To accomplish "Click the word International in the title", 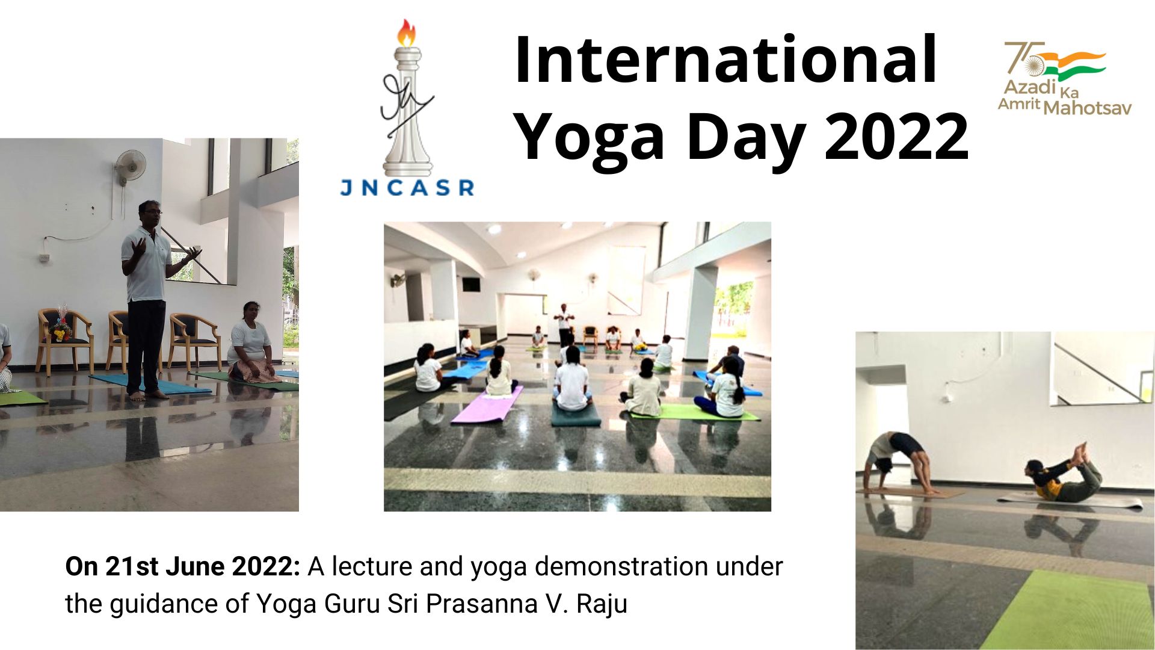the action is click(725, 60).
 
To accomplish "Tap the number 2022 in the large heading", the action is click(896, 137).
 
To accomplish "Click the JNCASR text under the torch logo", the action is click(407, 188).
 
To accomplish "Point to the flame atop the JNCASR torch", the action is click(407, 32).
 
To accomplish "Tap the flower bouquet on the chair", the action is click(61, 327).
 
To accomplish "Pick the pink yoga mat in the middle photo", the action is click(487, 404).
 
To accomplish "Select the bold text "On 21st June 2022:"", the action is click(182, 566).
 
